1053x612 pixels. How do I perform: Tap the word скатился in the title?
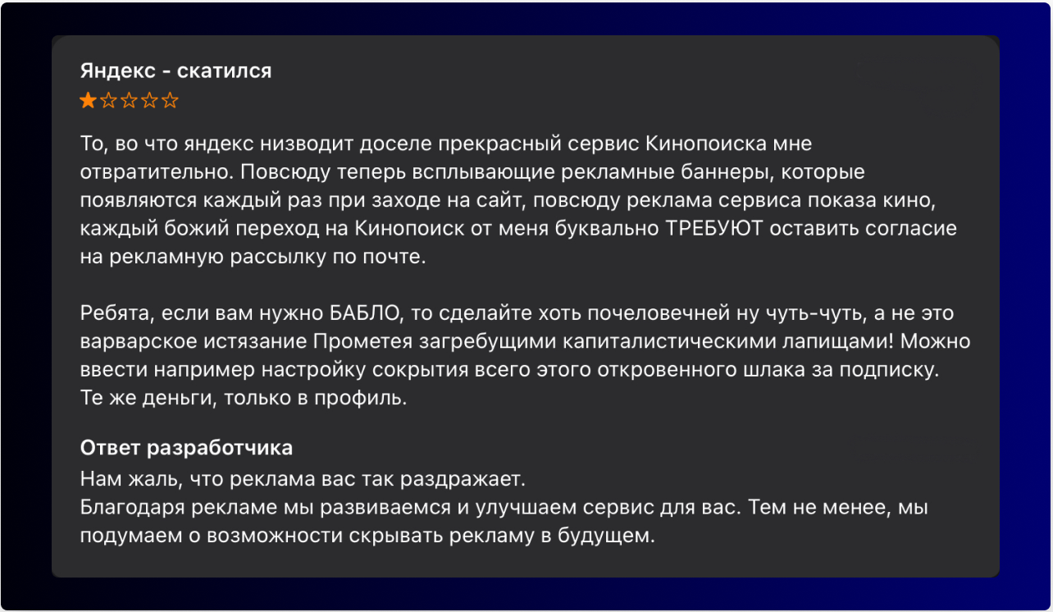click(224, 71)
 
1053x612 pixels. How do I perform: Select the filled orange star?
click(88, 101)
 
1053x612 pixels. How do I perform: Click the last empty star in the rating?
click(170, 101)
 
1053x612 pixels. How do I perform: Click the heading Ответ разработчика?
click(187, 448)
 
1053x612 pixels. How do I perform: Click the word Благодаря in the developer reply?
click(132, 506)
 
